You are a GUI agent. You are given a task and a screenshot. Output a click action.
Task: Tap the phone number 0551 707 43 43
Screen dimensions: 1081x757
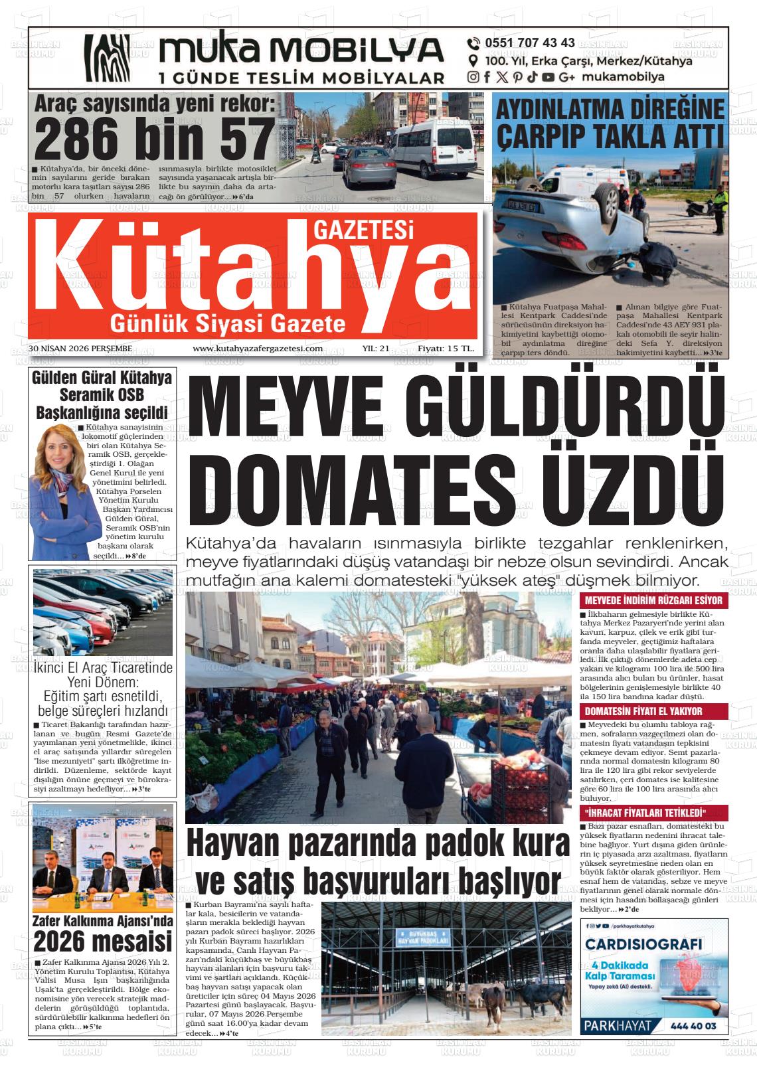[x=529, y=43]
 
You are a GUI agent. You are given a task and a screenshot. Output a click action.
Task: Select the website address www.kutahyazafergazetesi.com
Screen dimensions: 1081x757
[x=258, y=348]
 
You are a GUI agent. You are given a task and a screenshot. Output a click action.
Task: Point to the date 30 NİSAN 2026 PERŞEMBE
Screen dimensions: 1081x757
[x=80, y=348]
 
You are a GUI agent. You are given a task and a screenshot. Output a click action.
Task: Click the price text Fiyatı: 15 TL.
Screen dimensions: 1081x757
[x=446, y=348]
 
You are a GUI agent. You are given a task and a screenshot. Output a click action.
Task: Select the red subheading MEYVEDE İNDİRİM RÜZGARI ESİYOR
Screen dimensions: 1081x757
[x=653, y=600]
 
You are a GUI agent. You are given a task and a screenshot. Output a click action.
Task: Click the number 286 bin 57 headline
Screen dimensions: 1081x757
[x=153, y=138]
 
